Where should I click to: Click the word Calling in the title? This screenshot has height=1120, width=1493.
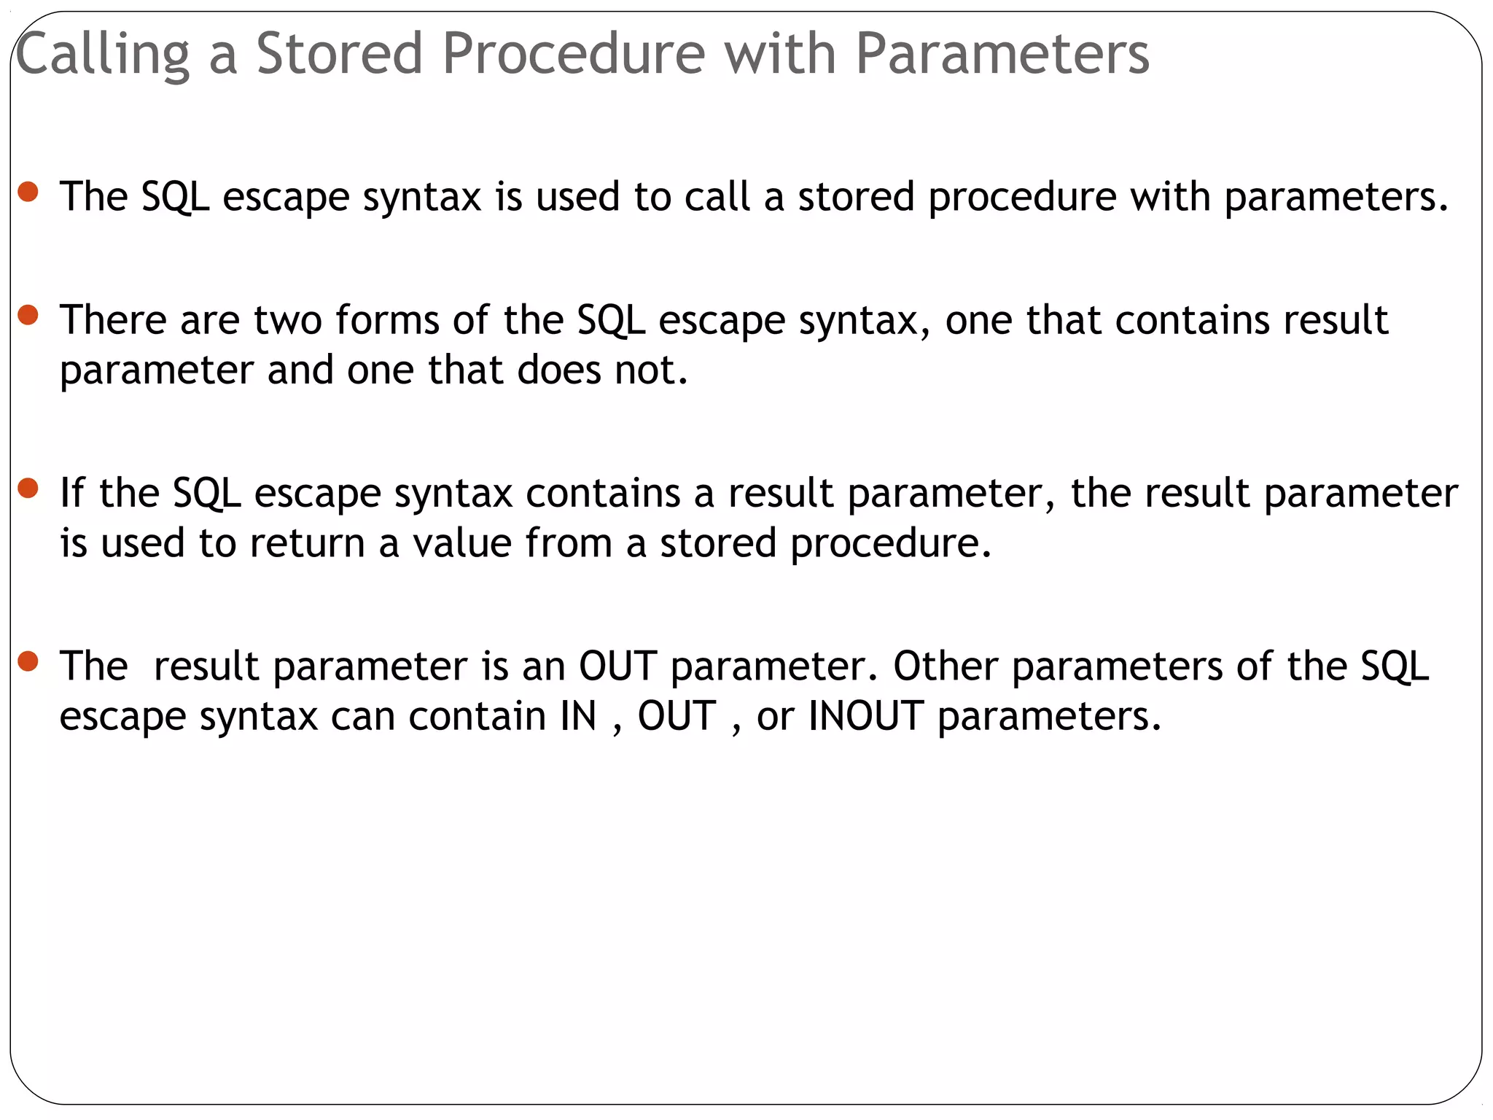[102, 55]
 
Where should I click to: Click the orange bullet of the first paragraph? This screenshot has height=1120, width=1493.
[28, 192]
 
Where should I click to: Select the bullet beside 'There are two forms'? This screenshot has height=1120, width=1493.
[28, 315]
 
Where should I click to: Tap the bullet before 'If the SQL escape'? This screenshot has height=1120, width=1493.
[28, 488]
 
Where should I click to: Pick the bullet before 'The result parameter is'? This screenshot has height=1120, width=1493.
[28, 661]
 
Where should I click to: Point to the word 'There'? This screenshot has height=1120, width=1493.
[113, 320]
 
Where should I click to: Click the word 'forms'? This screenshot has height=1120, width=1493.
[387, 320]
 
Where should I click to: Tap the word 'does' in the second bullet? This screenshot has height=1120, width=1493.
[559, 370]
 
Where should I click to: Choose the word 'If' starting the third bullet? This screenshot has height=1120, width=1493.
[72, 493]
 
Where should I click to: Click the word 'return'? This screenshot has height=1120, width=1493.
[307, 543]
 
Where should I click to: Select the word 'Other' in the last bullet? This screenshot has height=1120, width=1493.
[946, 666]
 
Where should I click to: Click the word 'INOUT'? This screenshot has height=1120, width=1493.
[866, 716]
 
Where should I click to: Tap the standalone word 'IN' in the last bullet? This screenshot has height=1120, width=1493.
[578, 716]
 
